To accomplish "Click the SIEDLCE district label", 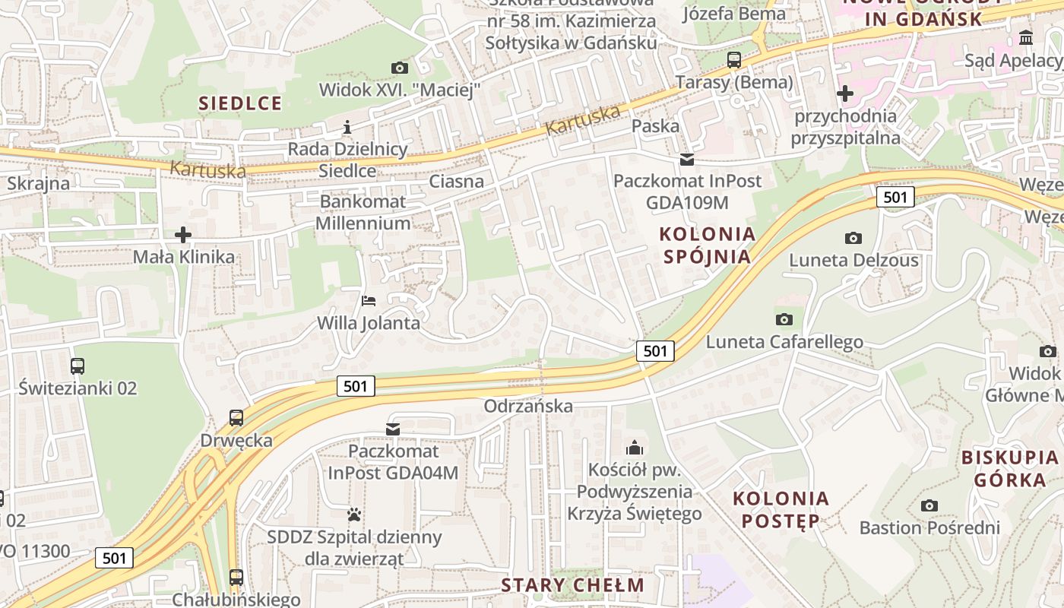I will (240, 103).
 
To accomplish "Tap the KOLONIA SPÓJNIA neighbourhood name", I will (708, 245).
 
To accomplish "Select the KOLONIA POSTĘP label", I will (781, 510).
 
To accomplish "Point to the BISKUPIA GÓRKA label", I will (1010, 468).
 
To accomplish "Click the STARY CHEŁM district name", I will (573, 585).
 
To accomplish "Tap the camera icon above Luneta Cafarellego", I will (784, 319).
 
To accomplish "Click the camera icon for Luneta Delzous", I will (853, 238).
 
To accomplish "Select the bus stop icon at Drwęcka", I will (236, 418).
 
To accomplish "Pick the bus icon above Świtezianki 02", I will (78, 366).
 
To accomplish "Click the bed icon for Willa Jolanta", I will (369, 301).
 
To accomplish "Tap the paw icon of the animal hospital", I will (354, 515).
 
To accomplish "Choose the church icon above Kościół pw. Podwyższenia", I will (634, 448).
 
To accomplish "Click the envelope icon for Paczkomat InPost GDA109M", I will (687, 160).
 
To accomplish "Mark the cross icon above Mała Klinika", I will (183, 235).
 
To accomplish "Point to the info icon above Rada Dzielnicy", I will (347, 127).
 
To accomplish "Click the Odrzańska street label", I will (528, 406).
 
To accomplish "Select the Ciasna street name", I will (456, 181).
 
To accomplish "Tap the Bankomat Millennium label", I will (363, 212).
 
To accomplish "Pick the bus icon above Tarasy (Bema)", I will (734, 59).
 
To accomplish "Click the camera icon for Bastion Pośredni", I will (929, 505).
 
